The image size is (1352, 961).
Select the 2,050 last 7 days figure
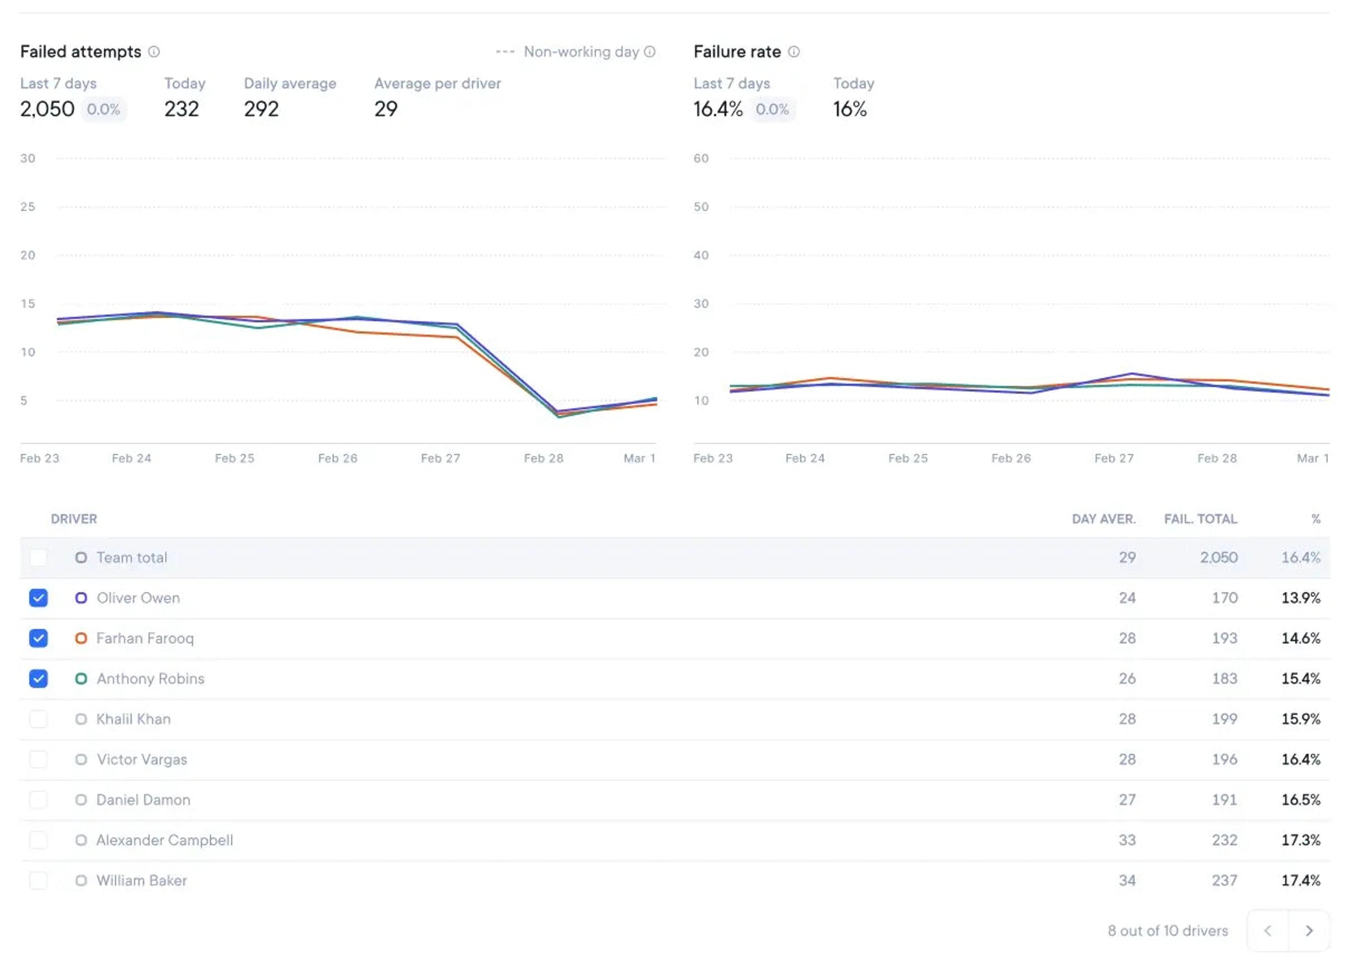[x=48, y=109]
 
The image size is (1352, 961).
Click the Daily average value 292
[x=261, y=109]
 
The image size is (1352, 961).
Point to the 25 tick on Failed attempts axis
[x=28, y=207]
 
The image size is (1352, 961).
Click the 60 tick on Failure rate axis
[x=701, y=158]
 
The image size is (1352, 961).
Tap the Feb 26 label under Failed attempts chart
[x=337, y=458]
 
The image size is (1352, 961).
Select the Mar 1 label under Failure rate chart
[x=1312, y=458]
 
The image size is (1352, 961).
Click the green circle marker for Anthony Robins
[x=81, y=679]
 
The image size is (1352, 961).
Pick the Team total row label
[x=131, y=557]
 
